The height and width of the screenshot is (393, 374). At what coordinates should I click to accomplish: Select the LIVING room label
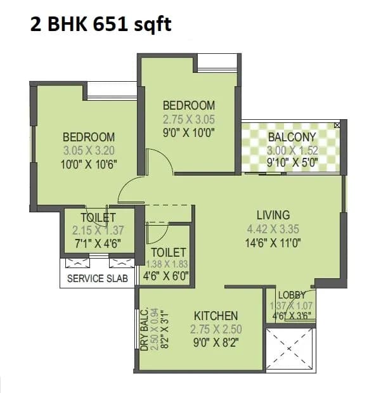(273, 214)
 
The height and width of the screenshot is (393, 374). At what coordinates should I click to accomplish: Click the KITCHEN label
(216, 316)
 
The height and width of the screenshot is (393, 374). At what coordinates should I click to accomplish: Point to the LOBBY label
(292, 295)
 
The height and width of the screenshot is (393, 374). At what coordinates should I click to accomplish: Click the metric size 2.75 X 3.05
(189, 119)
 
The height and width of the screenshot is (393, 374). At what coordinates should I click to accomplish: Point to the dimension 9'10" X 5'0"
(292, 164)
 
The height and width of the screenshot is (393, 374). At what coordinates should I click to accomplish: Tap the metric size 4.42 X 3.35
(273, 228)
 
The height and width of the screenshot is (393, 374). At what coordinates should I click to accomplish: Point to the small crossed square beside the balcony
(337, 126)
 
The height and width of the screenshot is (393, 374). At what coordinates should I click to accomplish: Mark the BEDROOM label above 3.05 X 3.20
(89, 137)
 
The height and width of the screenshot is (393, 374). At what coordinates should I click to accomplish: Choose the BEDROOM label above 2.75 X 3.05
(189, 105)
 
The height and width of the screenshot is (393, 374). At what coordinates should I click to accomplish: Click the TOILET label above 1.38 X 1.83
(168, 252)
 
